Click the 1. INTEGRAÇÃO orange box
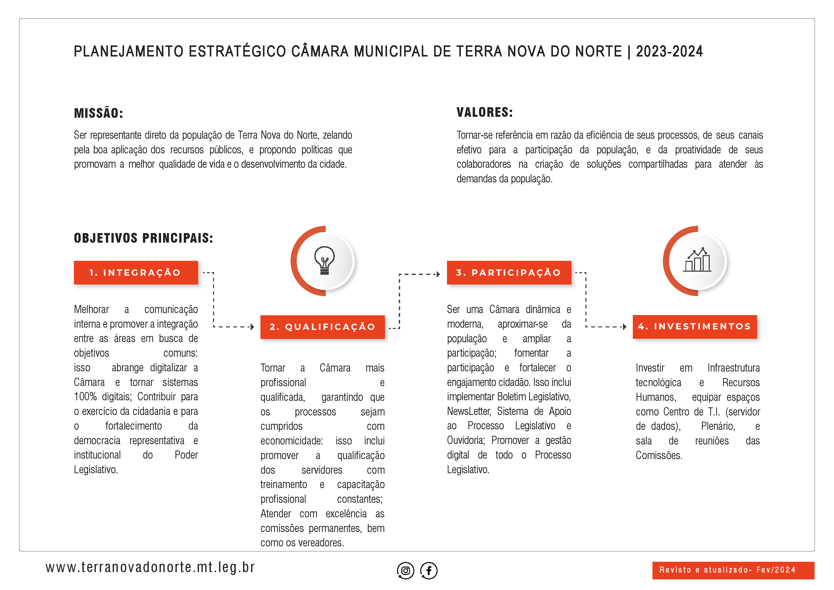136,273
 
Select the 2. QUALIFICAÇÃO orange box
322,327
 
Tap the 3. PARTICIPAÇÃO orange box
509,273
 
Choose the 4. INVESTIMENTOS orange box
695,326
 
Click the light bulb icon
324,260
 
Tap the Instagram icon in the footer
405,570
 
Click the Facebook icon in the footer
429,570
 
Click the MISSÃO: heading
98,113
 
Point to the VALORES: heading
485,112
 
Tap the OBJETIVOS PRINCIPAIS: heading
143,238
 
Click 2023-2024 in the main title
669,51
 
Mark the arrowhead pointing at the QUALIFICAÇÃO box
252,327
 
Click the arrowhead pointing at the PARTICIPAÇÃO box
438,274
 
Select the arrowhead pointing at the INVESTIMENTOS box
624,326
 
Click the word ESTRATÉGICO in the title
237,51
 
